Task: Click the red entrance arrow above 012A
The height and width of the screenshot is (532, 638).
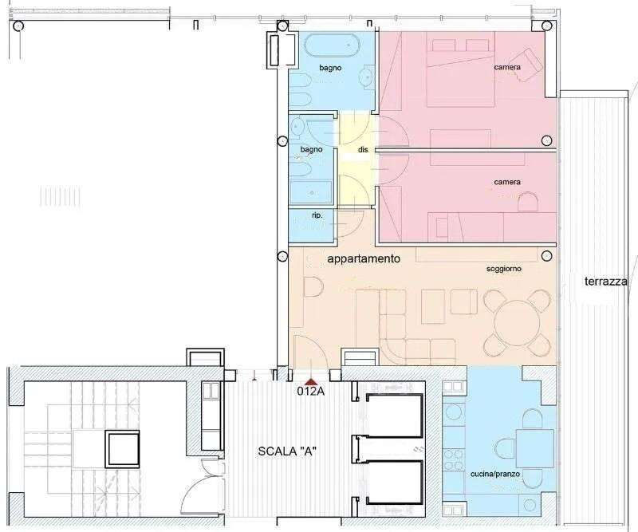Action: click(311, 381)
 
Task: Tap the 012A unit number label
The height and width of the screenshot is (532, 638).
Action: click(311, 392)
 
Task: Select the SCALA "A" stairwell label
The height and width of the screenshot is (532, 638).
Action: click(287, 451)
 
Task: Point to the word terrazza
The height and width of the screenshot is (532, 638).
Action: click(606, 282)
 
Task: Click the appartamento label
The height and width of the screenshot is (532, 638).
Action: click(364, 258)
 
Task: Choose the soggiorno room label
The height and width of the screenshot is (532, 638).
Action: click(504, 269)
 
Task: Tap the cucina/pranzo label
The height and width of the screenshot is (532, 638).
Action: click(495, 474)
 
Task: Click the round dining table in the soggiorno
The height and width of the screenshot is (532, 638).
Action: click(517, 324)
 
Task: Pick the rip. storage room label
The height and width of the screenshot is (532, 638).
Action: click(317, 215)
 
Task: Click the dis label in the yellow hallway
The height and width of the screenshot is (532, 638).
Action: click(363, 149)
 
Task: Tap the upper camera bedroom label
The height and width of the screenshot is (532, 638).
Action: click(507, 67)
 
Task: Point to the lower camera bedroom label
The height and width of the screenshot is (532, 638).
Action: click(507, 182)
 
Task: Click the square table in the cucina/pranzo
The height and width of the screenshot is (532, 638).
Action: click(535, 448)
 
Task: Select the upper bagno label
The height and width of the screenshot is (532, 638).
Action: click(330, 68)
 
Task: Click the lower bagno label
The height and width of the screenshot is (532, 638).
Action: click(311, 149)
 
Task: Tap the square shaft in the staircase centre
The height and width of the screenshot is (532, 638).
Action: click(123, 449)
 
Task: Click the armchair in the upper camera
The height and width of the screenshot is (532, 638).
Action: click(528, 65)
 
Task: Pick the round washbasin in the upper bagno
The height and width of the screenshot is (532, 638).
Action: click(368, 76)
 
